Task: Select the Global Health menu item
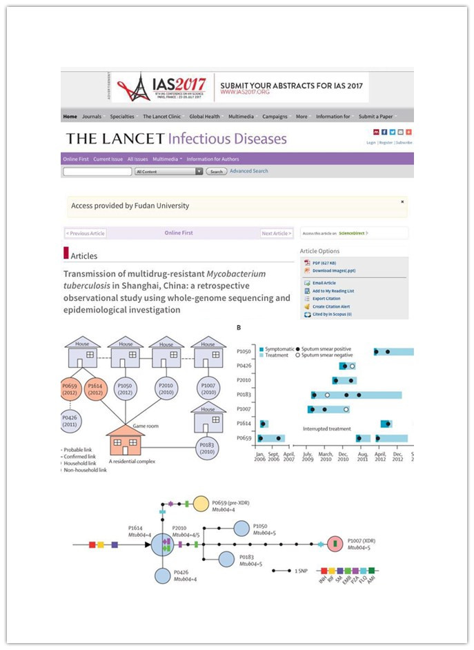204,117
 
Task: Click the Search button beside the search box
216,171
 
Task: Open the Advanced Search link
249,171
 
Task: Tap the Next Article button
276,233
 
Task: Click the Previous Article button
86,233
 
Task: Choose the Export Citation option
328,299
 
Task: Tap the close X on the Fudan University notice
402,201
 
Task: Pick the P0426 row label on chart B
245,366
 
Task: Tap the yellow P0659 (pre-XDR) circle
200,504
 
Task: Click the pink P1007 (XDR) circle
336,544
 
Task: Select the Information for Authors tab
213,159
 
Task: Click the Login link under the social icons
371,142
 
